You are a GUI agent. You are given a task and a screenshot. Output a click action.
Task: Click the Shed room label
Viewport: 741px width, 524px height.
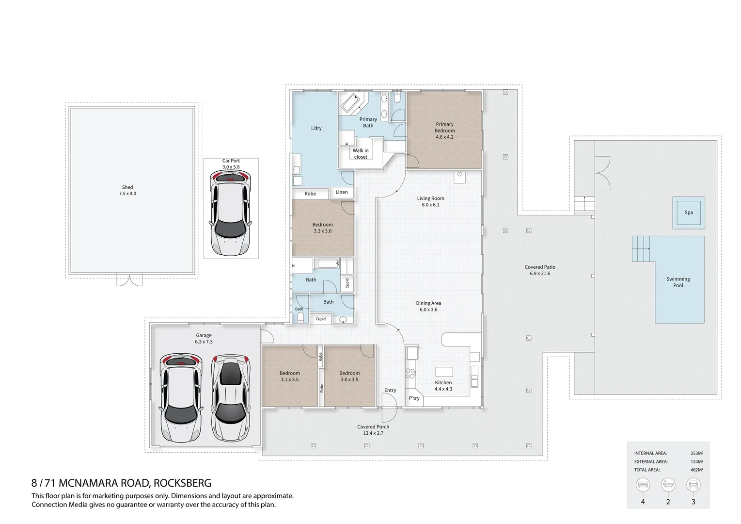[127, 190]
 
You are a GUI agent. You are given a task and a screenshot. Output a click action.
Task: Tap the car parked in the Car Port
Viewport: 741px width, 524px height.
[231, 213]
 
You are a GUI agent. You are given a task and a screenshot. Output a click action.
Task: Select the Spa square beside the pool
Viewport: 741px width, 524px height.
[688, 213]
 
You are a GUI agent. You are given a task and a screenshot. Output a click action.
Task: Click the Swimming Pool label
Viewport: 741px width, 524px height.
[678, 282]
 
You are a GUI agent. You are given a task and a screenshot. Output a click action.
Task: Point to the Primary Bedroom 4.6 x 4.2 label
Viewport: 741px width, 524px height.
[444, 131]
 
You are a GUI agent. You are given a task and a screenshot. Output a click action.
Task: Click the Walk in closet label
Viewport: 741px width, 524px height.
[361, 154]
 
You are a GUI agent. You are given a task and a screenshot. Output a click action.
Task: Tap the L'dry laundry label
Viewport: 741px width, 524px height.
[316, 128]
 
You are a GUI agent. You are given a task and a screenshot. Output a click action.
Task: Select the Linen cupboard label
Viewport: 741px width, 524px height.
[342, 192]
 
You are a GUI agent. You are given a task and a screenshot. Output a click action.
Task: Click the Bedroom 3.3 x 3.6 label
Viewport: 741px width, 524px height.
[322, 228]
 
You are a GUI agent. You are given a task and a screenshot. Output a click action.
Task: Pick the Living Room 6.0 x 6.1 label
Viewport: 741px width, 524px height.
[430, 201]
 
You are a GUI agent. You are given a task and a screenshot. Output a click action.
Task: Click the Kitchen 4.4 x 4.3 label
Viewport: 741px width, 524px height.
[443, 386]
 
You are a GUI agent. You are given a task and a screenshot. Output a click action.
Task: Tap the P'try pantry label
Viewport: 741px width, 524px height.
[414, 398]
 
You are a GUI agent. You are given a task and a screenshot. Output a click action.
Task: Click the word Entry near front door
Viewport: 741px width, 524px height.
[390, 390]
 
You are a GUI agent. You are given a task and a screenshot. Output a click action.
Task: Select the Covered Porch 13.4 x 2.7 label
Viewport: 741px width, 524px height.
[373, 430]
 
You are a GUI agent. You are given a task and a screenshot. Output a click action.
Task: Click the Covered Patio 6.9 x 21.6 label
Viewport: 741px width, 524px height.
[540, 270]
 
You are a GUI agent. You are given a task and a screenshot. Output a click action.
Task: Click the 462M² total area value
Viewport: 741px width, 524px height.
[696, 470]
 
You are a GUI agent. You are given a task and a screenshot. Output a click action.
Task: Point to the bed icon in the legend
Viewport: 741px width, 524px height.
[643, 485]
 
